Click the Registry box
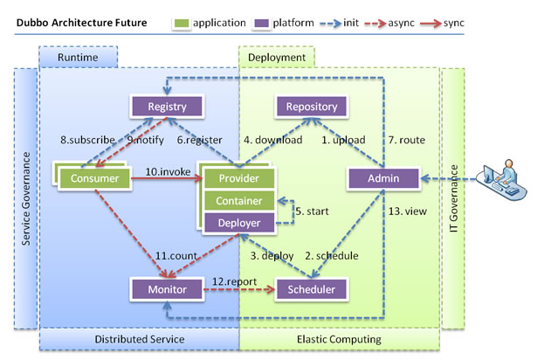click(167, 107)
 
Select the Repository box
click(312, 107)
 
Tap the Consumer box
click(94, 178)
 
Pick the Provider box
click(239, 178)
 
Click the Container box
click(239, 201)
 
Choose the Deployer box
click(239, 223)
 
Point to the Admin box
click(383, 178)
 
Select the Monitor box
click(167, 289)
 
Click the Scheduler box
click(312, 289)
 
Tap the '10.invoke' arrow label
click(168, 171)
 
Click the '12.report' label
click(234, 281)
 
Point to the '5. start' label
click(312, 211)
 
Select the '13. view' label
click(408, 211)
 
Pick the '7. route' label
click(406, 140)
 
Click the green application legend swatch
click(182, 23)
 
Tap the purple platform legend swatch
click(262, 23)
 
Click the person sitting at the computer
click(502, 180)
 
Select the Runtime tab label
click(78, 58)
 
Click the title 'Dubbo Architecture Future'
click(81, 23)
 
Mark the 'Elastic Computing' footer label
click(339, 339)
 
